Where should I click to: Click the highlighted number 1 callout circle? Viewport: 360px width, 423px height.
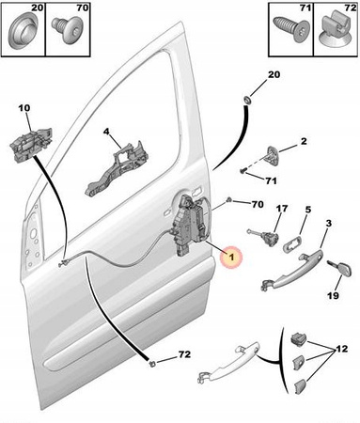click(x=231, y=258)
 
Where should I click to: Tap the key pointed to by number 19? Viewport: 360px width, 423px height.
click(x=340, y=269)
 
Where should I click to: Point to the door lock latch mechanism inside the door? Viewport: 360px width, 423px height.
click(x=190, y=224)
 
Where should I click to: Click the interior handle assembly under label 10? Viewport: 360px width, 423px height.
click(x=31, y=145)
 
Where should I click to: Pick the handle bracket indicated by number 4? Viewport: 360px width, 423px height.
click(x=117, y=169)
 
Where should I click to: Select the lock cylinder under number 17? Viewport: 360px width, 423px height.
click(x=263, y=237)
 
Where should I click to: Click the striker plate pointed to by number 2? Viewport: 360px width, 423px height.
click(x=274, y=155)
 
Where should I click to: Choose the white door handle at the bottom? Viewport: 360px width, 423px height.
click(x=229, y=363)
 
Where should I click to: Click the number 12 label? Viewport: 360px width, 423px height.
click(x=341, y=349)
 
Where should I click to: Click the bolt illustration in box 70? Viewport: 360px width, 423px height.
click(x=67, y=31)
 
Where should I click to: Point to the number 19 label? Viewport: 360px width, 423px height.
click(x=334, y=295)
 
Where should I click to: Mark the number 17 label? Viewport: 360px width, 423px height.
click(x=282, y=209)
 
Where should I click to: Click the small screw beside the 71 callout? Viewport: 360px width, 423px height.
click(x=243, y=171)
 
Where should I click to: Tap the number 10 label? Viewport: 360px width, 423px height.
click(x=24, y=108)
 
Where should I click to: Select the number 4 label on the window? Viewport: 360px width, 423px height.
click(x=106, y=132)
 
